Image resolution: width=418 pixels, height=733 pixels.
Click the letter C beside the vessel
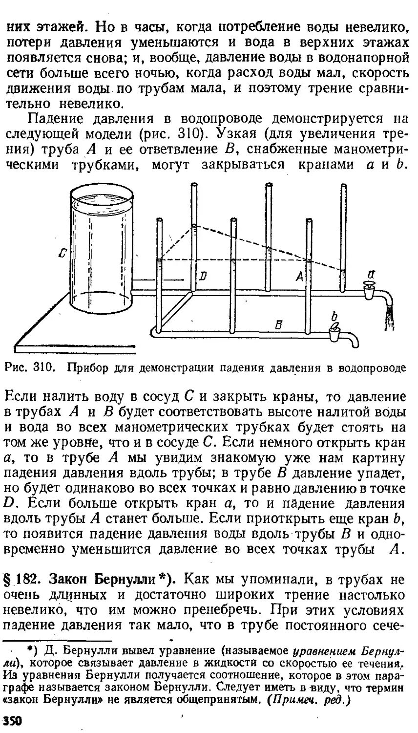(x=62, y=253)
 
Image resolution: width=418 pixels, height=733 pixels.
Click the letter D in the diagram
(x=203, y=276)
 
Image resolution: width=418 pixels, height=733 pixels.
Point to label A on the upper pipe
(x=299, y=277)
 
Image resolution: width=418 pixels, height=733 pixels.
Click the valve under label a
(x=369, y=292)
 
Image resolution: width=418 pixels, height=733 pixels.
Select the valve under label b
(x=334, y=334)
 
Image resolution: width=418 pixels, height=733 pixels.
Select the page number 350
(x=13, y=721)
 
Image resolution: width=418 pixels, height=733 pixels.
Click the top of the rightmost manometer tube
(x=344, y=187)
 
